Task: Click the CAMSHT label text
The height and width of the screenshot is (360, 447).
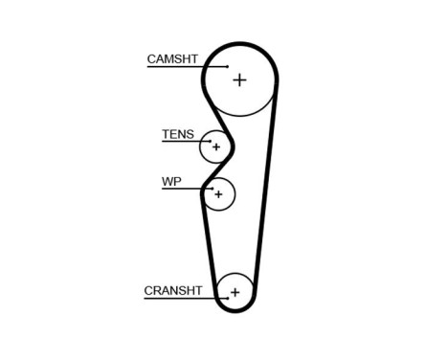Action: (x=172, y=59)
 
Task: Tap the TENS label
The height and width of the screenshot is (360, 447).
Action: (x=177, y=135)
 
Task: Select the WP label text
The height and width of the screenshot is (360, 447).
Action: (x=171, y=180)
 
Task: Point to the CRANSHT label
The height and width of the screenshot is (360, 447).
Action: (x=172, y=290)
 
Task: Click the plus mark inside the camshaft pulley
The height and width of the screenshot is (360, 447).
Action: (x=238, y=79)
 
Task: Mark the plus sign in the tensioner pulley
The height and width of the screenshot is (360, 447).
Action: (x=216, y=147)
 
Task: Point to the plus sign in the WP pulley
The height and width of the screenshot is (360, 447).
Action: (x=219, y=194)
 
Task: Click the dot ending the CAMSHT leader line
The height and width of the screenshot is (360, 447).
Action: (x=228, y=67)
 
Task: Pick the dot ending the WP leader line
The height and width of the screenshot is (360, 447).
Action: (x=204, y=190)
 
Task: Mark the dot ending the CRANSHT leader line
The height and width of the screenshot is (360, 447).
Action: (x=227, y=298)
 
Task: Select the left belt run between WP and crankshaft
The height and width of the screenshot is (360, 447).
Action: (x=210, y=239)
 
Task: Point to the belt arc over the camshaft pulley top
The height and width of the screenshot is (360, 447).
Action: (x=239, y=44)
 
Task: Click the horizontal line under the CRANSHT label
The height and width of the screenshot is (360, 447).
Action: (x=182, y=298)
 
